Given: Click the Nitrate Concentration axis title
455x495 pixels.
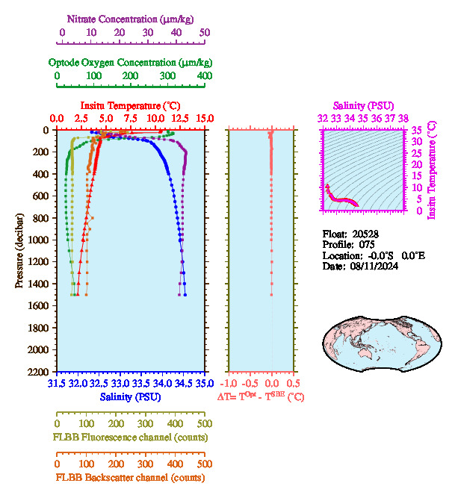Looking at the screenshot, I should tap(131, 18).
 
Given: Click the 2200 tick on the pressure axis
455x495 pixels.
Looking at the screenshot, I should tap(40, 372).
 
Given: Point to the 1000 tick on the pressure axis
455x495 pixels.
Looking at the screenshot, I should tap(40, 240).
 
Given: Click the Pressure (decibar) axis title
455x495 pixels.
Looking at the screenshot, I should tap(19, 251).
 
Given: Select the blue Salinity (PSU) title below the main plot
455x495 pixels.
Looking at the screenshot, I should tap(131, 396).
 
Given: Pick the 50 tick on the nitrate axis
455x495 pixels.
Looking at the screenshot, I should tap(205, 33).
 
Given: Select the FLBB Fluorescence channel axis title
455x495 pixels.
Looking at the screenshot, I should tap(131, 438).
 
